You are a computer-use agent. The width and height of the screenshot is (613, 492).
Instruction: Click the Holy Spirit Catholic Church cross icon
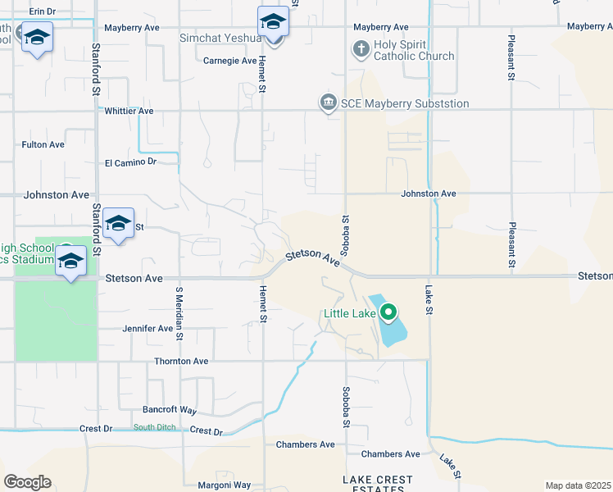(361, 49)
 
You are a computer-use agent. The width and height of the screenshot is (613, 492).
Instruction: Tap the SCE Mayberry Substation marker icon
(328, 103)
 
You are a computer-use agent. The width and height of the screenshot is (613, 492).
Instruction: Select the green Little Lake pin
(389, 312)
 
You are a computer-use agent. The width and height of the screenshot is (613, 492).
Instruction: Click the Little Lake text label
(350, 312)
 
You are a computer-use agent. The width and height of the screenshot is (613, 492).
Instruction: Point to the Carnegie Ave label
(229, 60)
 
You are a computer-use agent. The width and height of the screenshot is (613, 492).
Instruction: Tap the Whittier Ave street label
(129, 111)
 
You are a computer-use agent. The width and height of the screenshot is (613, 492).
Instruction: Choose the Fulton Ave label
(43, 144)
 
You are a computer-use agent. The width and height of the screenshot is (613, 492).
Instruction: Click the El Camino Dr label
(129, 162)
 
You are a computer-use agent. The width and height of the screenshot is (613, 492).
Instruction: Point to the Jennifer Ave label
(148, 328)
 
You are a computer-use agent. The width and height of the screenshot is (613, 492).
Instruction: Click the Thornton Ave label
(181, 361)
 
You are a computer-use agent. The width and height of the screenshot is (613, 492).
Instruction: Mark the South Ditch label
(155, 427)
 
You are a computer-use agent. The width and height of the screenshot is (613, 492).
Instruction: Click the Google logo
(27, 482)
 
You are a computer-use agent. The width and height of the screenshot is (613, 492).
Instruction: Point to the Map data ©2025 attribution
(578, 485)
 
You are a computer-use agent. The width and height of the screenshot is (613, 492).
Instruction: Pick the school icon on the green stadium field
(71, 262)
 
